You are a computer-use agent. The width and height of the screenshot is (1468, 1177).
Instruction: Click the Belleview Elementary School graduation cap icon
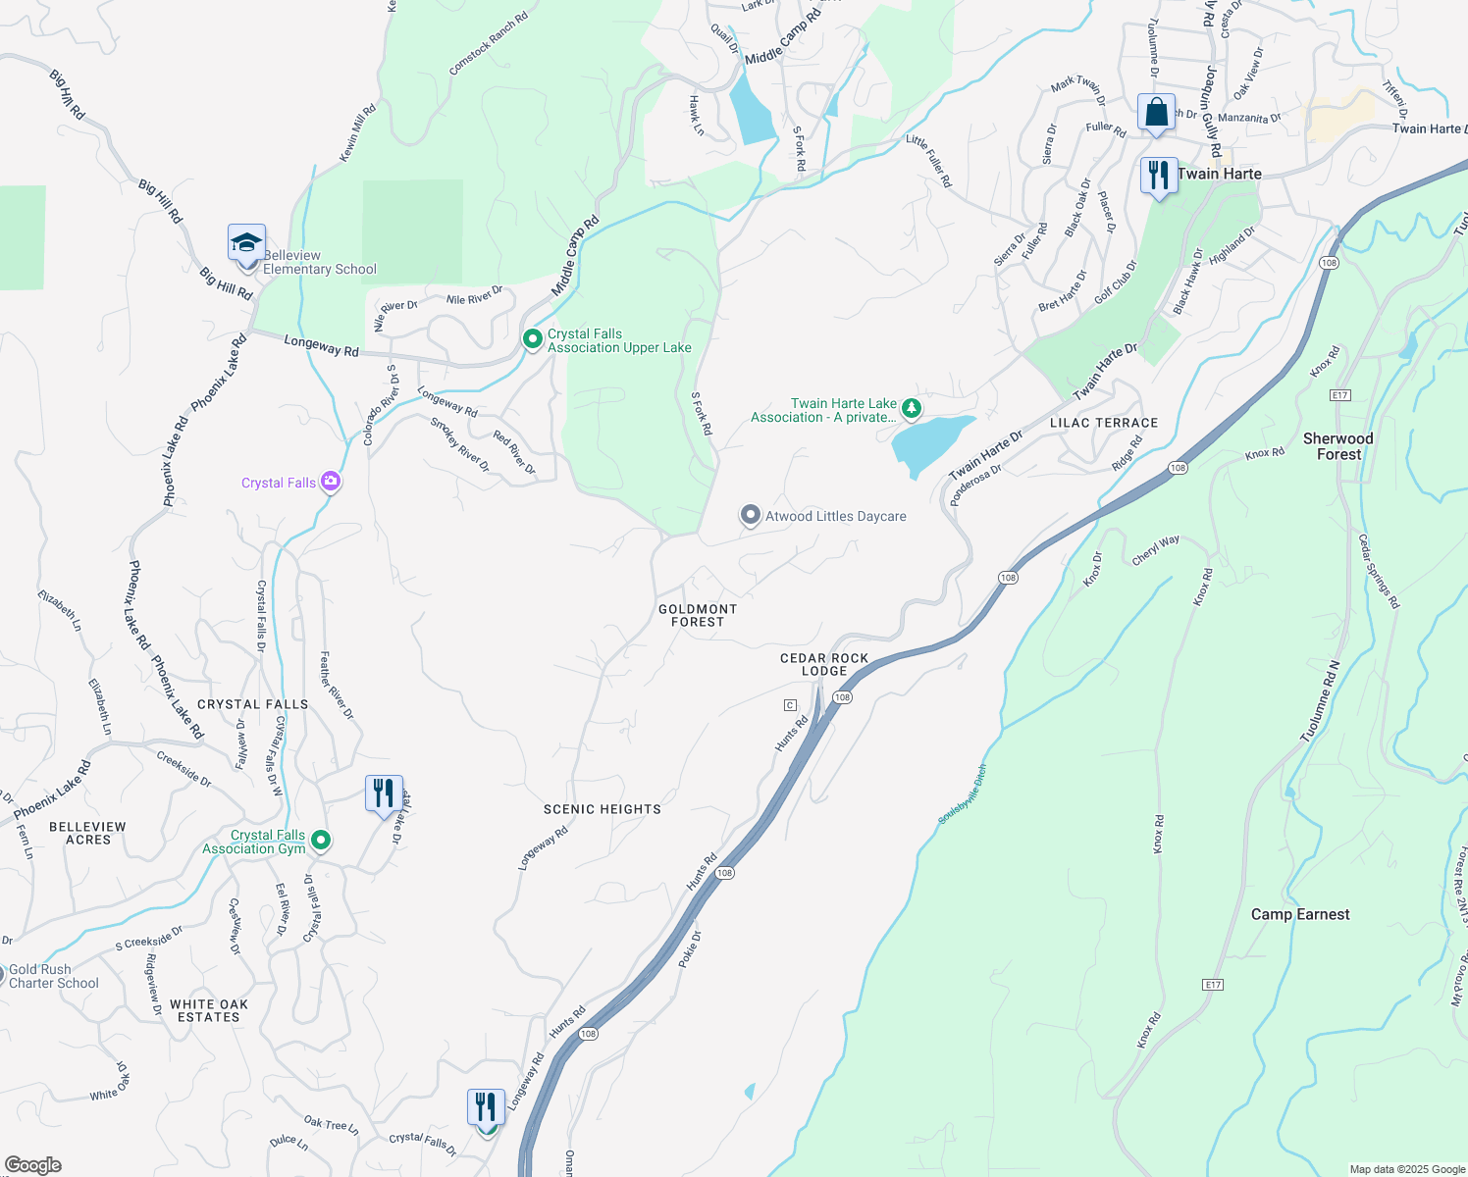tap(246, 241)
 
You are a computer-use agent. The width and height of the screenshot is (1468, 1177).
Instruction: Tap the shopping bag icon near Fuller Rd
tap(1156, 111)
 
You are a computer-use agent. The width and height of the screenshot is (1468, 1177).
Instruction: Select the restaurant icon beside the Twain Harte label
tap(1159, 176)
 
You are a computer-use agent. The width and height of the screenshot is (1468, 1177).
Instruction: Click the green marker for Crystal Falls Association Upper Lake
tap(533, 339)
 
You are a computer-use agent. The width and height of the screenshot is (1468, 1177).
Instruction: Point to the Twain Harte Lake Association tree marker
tap(912, 407)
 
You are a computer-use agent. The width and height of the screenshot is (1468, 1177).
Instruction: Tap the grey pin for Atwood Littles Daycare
tap(751, 515)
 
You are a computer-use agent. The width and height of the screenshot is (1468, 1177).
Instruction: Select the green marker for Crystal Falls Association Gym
tap(320, 841)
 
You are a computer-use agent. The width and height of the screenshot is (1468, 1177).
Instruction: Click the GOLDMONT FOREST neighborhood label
tap(698, 615)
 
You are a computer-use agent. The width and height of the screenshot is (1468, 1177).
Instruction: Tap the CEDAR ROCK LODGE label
tap(824, 664)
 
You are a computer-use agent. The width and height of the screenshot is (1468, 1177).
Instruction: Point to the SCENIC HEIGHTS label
tap(603, 809)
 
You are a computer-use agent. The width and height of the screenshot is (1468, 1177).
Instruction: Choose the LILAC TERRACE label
tap(1104, 423)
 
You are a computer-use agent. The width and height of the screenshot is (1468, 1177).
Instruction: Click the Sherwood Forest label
tap(1338, 446)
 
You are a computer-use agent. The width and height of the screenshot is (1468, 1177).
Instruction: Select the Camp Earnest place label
tap(1300, 914)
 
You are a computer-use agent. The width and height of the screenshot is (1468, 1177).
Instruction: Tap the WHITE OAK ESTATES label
tap(209, 1010)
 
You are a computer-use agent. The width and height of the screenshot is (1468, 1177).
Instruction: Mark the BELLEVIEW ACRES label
tap(88, 833)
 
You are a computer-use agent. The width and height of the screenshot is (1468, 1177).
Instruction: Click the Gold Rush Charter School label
tap(54, 976)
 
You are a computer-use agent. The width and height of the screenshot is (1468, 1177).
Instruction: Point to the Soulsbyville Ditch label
tap(963, 794)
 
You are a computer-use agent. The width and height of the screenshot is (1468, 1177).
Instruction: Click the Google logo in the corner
tap(32, 1164)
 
